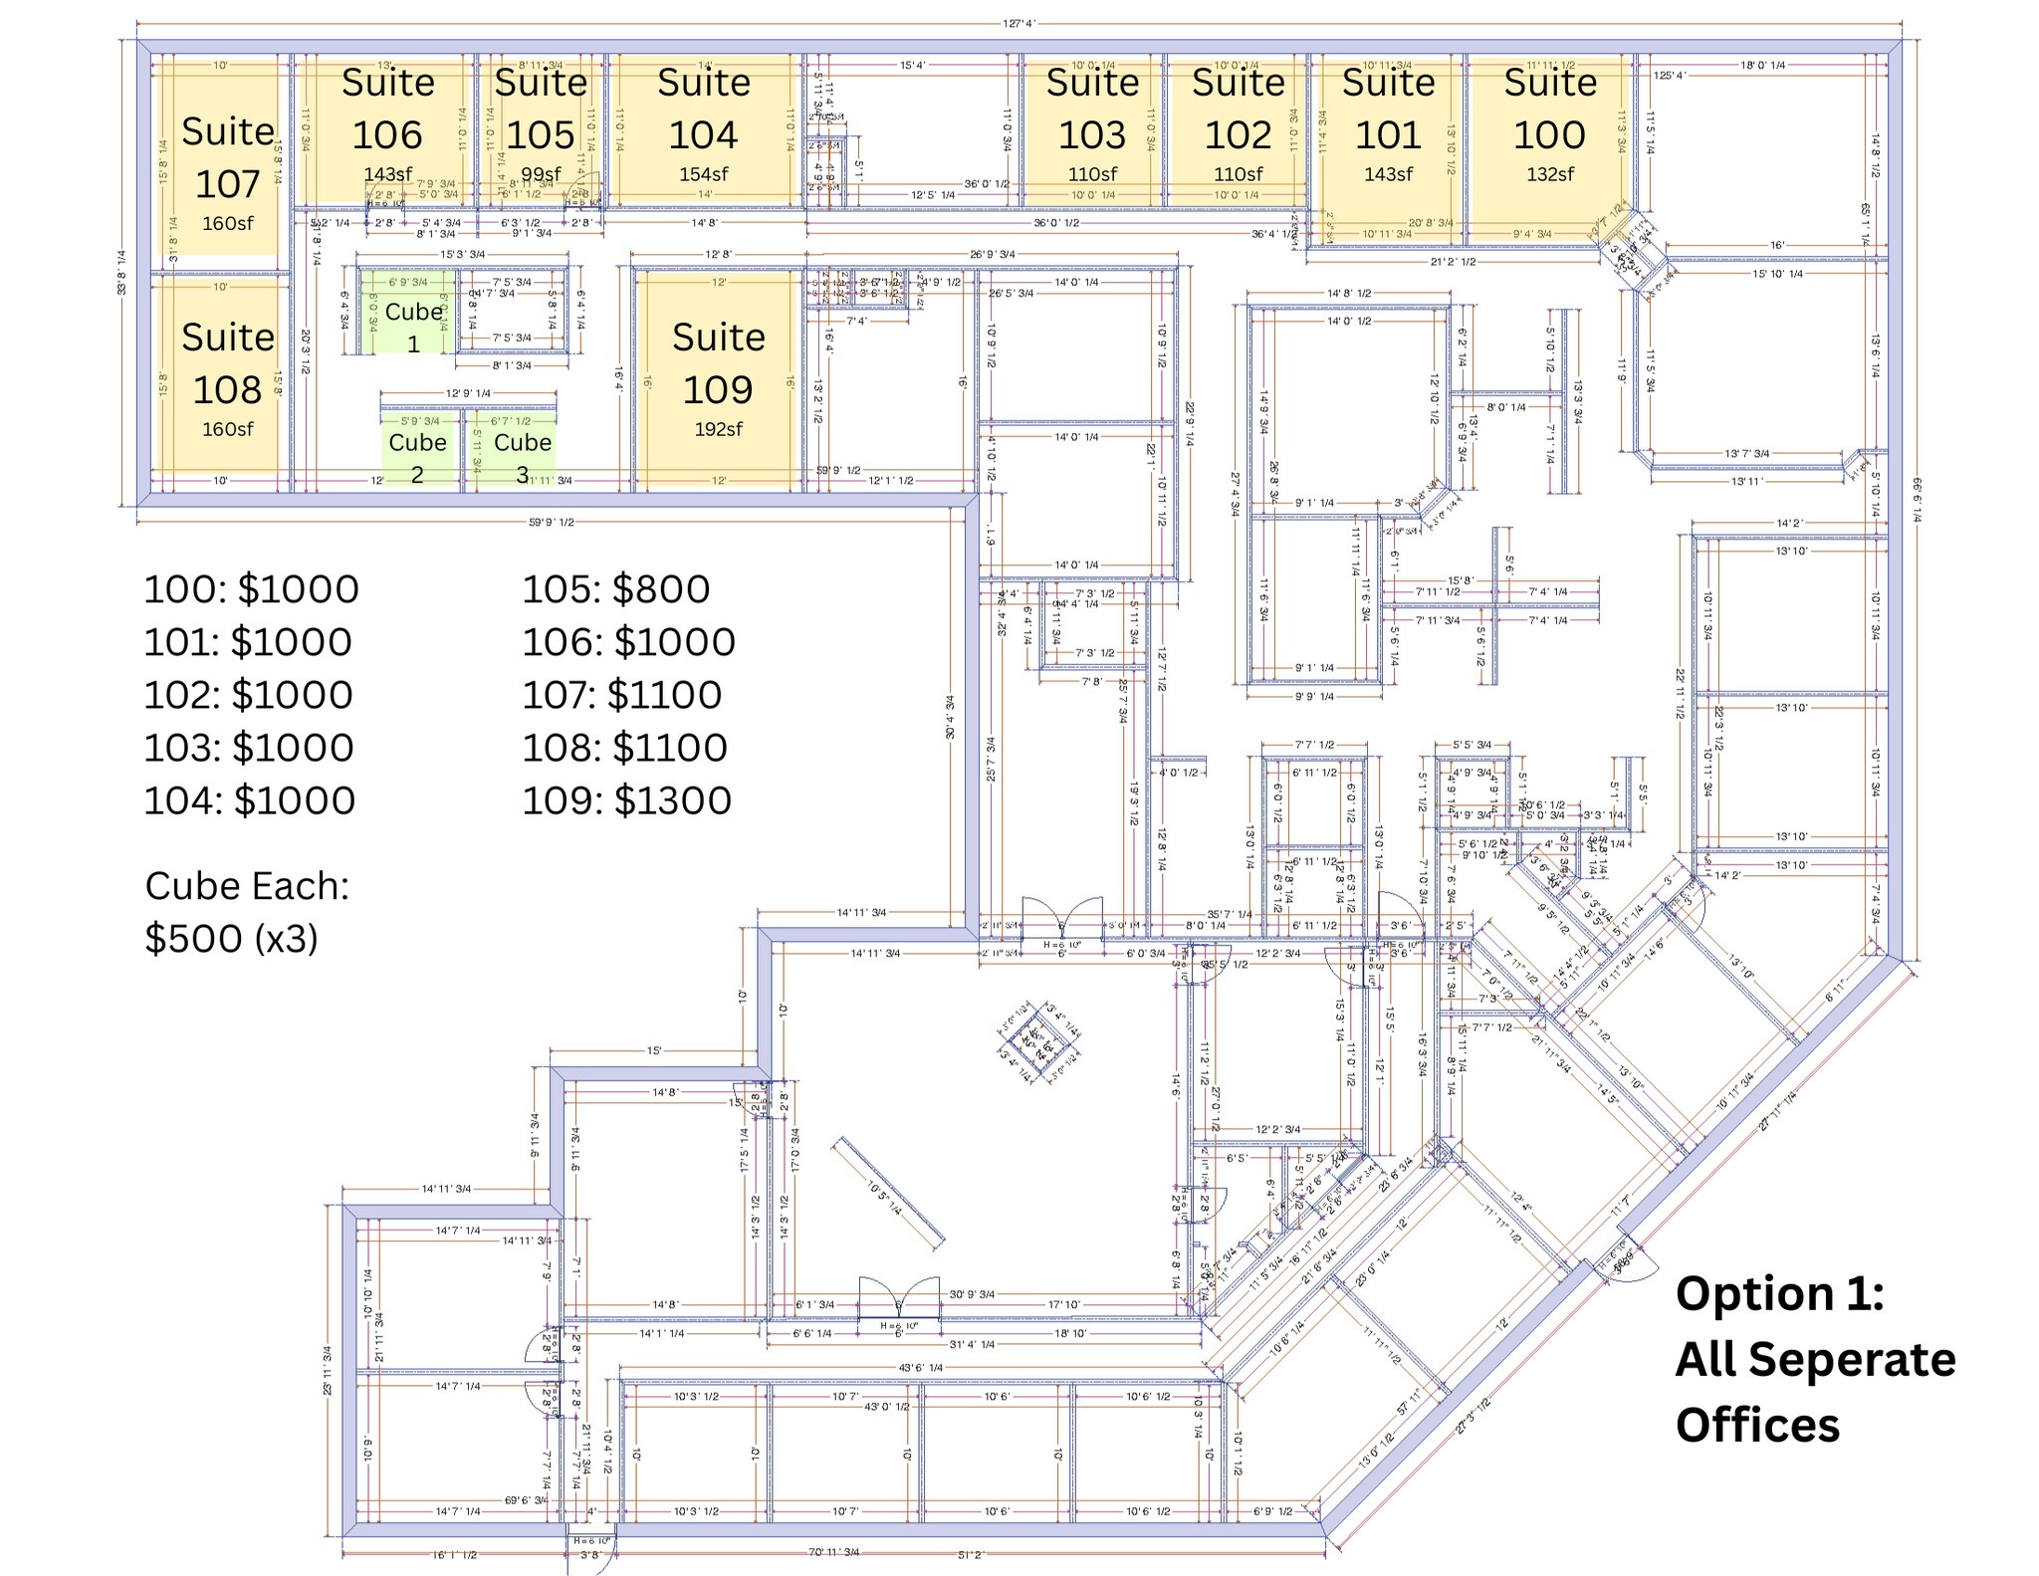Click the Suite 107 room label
228,157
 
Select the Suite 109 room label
718,363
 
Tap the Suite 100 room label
1549,110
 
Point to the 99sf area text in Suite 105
541,174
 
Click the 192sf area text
718,429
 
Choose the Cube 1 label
413,327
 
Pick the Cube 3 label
523,457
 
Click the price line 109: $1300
627,800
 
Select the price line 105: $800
616,589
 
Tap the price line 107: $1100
622,695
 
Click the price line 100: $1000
252,589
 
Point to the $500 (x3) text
231,938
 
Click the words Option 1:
1780,1293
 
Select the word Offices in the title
1757,1425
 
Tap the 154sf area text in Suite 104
704,174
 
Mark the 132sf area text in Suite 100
1549,174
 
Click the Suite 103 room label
1092,110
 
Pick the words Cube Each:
247,885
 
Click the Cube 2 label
417,457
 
